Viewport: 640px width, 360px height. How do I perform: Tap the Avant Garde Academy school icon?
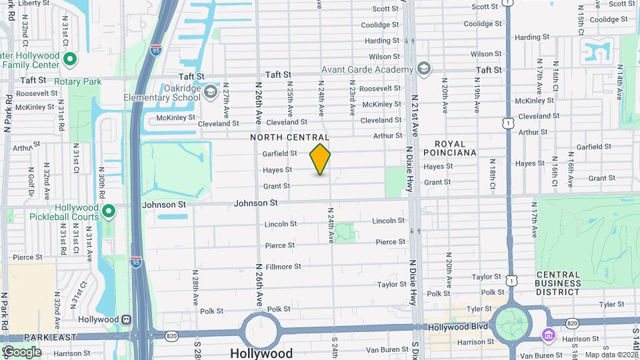coord(423,69)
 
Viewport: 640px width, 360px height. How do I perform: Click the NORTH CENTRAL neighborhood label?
coord(290,137)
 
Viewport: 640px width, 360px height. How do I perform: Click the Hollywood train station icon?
coord(125,319)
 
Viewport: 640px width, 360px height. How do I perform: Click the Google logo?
coord(21,351)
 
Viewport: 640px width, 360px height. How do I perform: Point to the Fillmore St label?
coord(284,266)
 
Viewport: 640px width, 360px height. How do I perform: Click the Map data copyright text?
coord(610,355)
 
